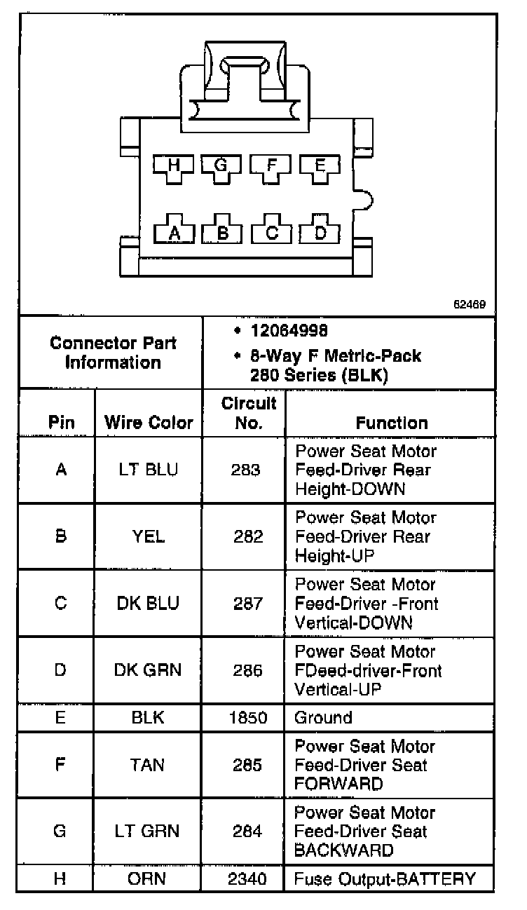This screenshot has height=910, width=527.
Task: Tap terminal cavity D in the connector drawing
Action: click(320, 233)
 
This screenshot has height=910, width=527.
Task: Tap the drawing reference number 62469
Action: click(470, 305)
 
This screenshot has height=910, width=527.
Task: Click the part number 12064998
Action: click(289, 330)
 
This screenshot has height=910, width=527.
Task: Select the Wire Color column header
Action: click(149, 423)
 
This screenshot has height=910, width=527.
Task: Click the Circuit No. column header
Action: click(249, 413)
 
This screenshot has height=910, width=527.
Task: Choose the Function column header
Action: click(392, 423)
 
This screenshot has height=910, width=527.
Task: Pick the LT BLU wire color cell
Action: click(149, 470)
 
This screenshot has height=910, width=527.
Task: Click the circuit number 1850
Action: click(248, 718)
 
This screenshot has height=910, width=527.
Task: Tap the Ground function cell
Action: click(323, 718)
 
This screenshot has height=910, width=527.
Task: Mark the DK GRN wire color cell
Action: click(148, 670)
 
